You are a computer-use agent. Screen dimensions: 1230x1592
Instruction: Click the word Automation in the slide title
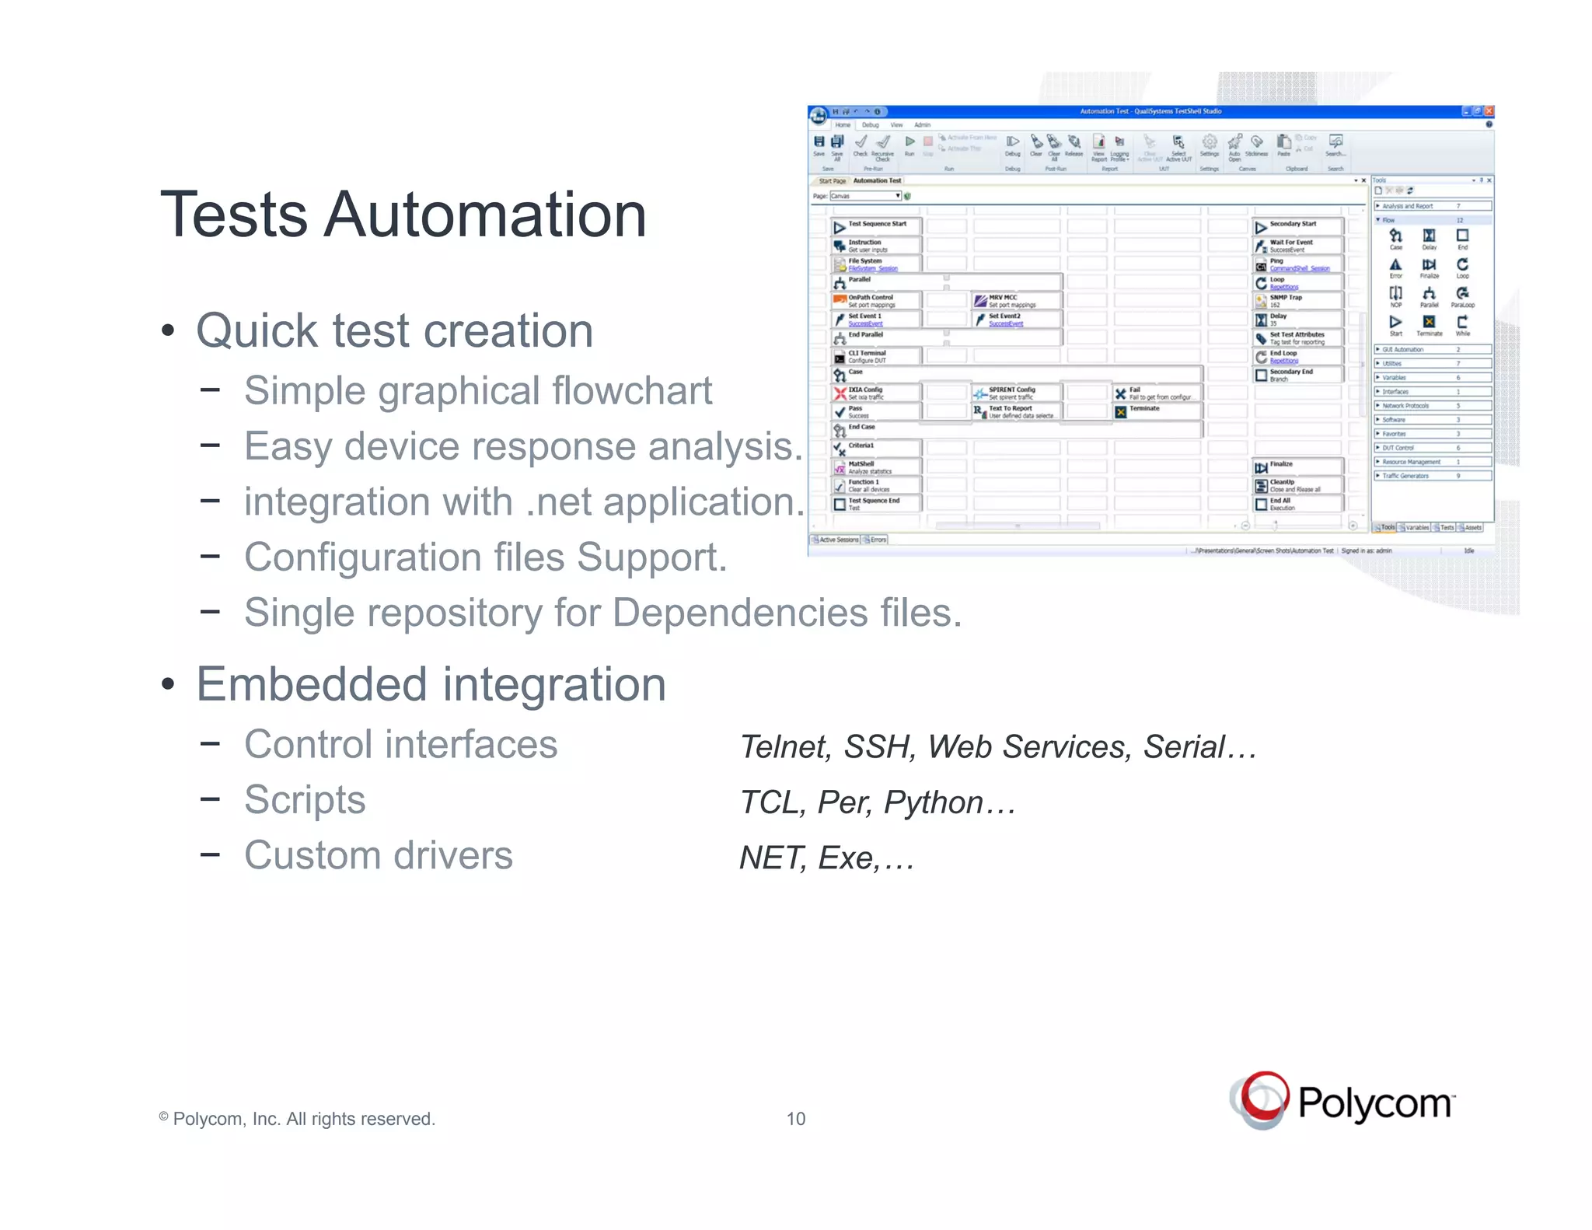pyautogui.click(x=485, y=215)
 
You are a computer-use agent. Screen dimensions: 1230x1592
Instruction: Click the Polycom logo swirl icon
pyautogui.click(x=1260, y=1099)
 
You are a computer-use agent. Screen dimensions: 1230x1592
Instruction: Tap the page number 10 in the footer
pyautogui.click(x=795, y=1119)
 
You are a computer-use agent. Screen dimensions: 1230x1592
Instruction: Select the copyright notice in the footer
pyautogui.click(x=297, y=1119)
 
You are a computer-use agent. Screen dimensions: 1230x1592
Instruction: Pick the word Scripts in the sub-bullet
pyautogui.click(x=305, y=800)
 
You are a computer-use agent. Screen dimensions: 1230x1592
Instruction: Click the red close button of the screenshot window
pyautogui.click(x=1489, y=111)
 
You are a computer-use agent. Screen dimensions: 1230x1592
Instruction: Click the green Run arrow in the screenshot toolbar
pyautogui.click(x=909, y=142)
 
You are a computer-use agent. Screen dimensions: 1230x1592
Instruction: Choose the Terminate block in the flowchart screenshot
pyautogui.click(x=1143, y=410)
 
